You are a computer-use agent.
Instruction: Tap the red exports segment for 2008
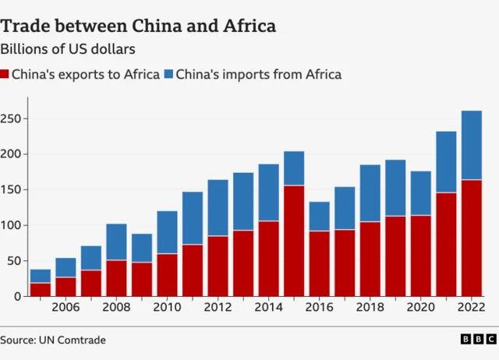pos(116,277)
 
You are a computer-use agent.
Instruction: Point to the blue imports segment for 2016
pos(319,216)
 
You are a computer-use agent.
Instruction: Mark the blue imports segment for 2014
pos(268,192)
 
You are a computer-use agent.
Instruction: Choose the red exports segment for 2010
pos(167,274)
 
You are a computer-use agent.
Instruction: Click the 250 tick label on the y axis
pos(13,118)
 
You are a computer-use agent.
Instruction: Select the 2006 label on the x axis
pos(65,308)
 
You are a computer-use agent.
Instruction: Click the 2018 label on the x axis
pos(370,308)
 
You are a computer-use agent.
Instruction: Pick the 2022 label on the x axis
pos(471,308)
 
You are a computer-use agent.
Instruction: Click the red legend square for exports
pos(5,75)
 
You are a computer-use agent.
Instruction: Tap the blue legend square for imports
pos(168,75)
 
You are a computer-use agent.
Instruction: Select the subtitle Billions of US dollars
pos(69,49)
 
